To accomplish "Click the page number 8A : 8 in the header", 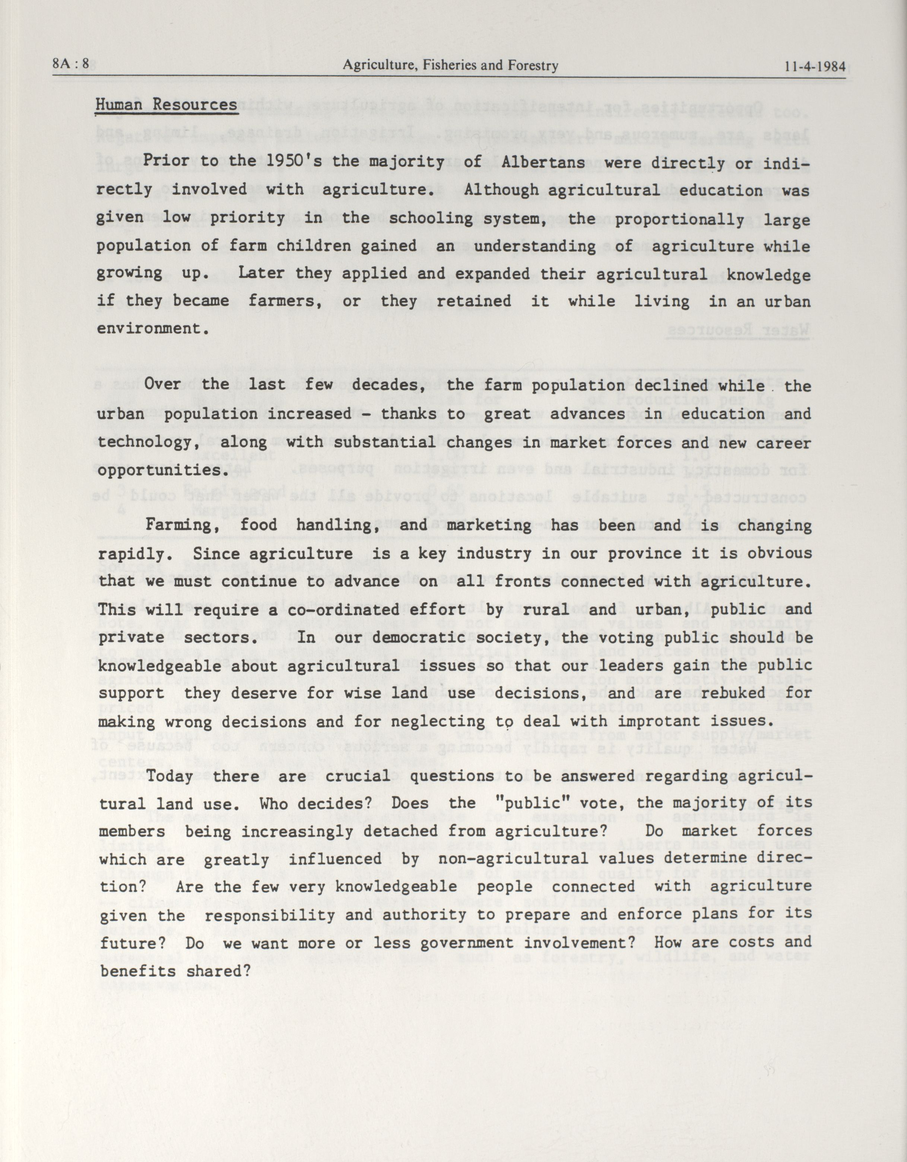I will [71, 66].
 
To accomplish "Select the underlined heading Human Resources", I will [167, 105].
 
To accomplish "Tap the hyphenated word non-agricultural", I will [513, 859].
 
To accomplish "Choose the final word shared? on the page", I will [219, 971].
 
